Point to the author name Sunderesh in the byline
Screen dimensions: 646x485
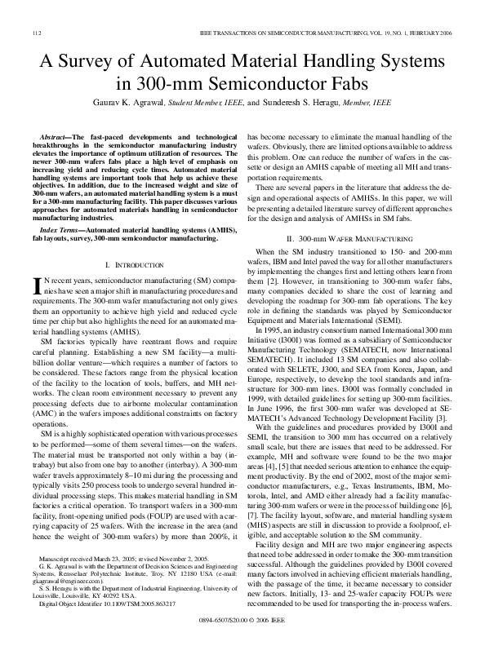point(287,104)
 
